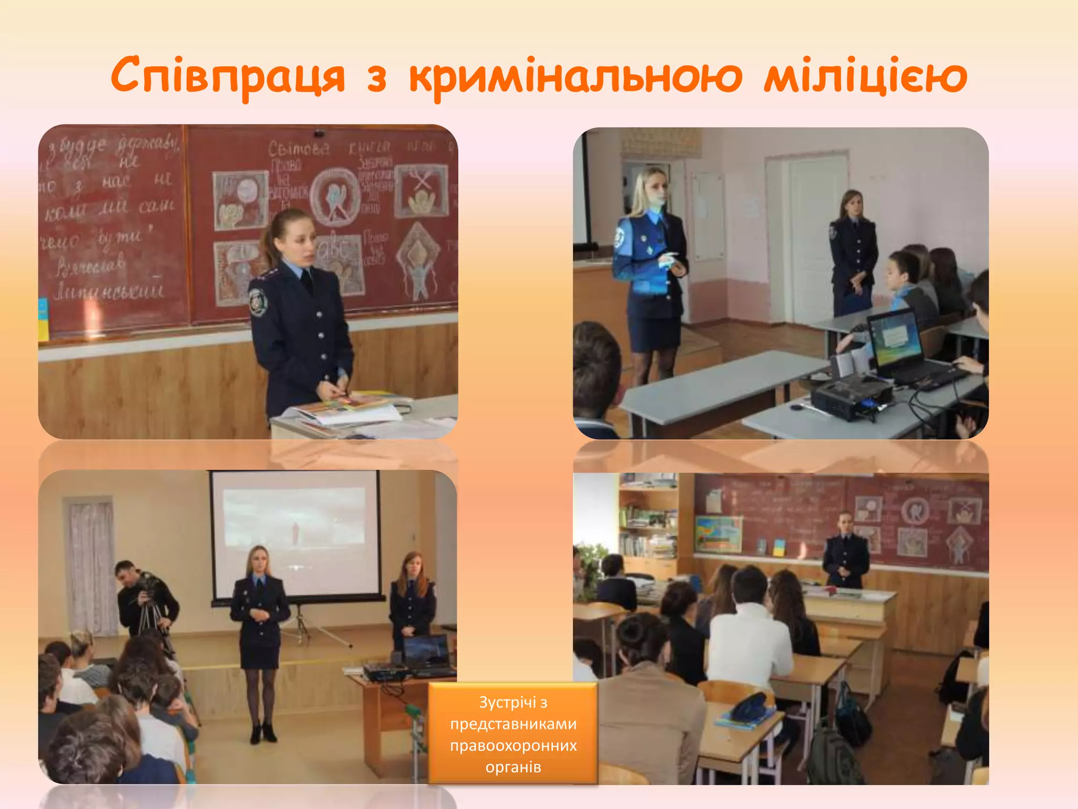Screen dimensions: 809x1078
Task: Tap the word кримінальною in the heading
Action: coord(575,76)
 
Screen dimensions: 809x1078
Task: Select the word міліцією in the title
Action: coord(865,76)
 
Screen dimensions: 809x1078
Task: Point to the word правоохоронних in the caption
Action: coord(513,746)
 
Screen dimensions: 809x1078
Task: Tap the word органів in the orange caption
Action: coord(513,767)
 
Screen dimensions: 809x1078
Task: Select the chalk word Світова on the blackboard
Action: coord(298,149)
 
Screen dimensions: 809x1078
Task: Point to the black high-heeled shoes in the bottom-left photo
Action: coord(263,732)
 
